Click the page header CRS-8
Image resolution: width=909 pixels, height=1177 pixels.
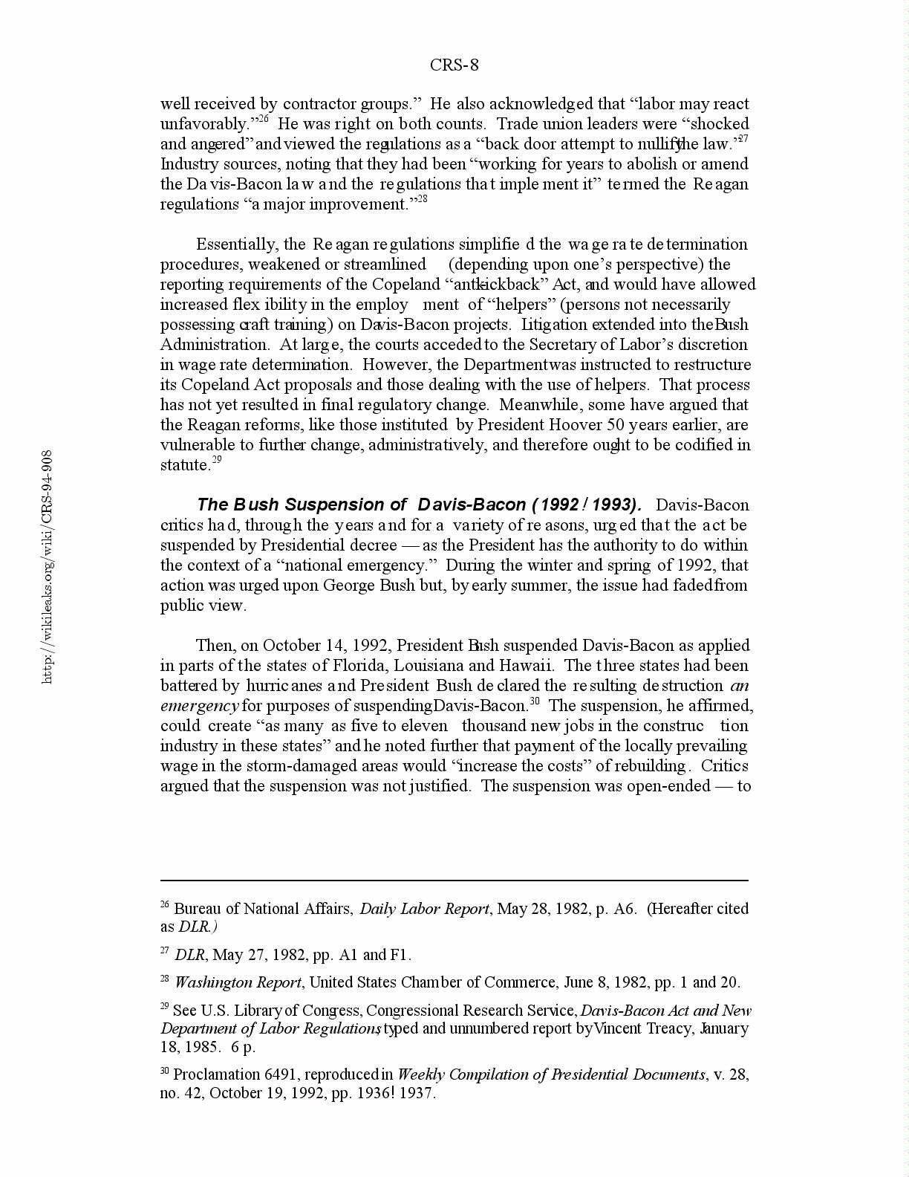pyautogui.click(x=454, y=65)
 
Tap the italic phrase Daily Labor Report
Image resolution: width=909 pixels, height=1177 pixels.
pyautogui.click(x=424, y=909)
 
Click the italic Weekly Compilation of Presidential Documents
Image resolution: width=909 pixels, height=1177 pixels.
pyautogui.click(x=551, y=1075)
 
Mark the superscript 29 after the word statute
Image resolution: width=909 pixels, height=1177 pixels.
pyautogui.click(x=217, y=461)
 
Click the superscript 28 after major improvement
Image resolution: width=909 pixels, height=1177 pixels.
pyautogui.click(x=421, y=200)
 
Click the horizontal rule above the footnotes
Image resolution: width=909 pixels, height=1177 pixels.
pyautogui.click(x=454, y=881)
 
